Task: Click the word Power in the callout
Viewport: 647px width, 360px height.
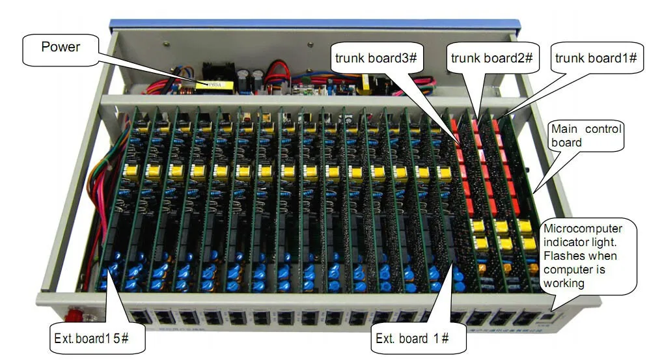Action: tap(61, 47)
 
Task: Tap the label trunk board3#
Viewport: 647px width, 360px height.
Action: tap(376, 58)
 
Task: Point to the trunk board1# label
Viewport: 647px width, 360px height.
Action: tap(596, 58)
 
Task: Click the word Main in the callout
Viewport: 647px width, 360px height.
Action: tap(564, 129)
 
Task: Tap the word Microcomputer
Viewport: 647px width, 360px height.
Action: tap(583, 228)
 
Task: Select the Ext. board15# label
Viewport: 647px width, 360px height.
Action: tap(91, 339)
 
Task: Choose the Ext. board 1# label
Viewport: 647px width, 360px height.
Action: tap(412, 339)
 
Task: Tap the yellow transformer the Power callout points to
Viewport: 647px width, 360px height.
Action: tap(214, 86)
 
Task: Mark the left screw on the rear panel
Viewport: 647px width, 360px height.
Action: tap(166, 43)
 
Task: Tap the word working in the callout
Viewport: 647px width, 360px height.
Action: tap(564, 284)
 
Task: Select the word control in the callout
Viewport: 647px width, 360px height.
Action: tap(603, 129)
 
